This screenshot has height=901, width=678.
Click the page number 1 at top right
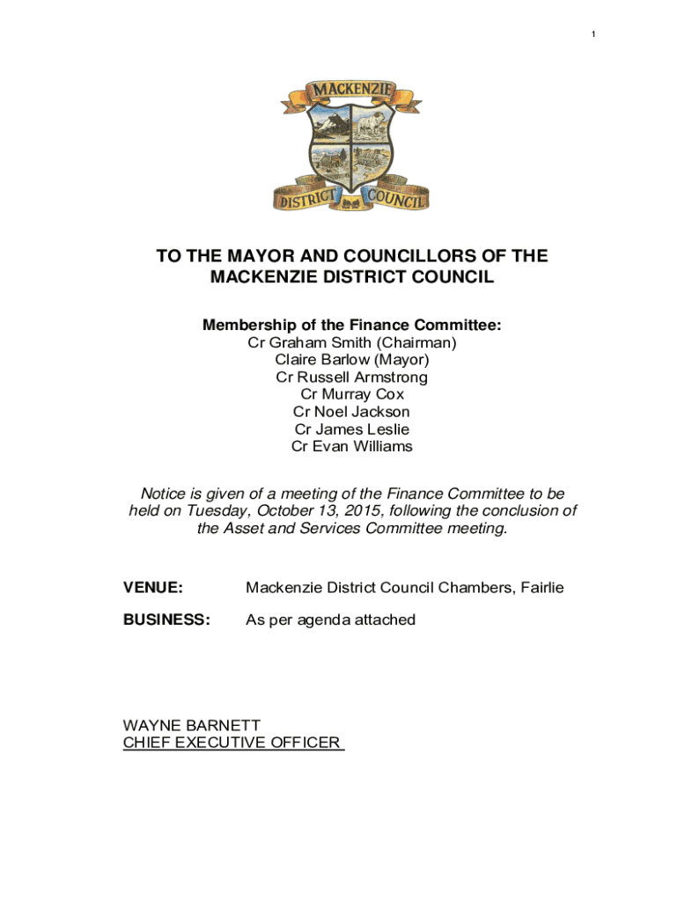(x=593, y=34)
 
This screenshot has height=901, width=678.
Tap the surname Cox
(x=387, y=394)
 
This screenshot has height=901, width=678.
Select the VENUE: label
(x=153, y=587)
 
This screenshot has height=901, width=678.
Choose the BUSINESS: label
(x=166, y=620)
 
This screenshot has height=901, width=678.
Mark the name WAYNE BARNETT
(x=192, y=726)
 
